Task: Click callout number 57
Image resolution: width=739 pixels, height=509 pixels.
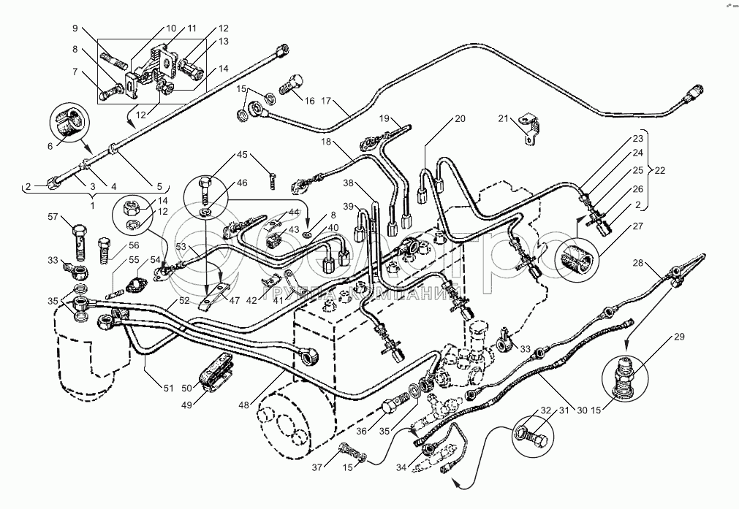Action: click(52, 217)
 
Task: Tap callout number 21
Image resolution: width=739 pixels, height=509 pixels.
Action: click(502, 118)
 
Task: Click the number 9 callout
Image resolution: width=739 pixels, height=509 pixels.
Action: click(75, 28)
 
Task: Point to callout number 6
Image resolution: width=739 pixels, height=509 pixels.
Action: click(50, 146)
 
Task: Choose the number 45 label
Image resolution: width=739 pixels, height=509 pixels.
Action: click(242, 155)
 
